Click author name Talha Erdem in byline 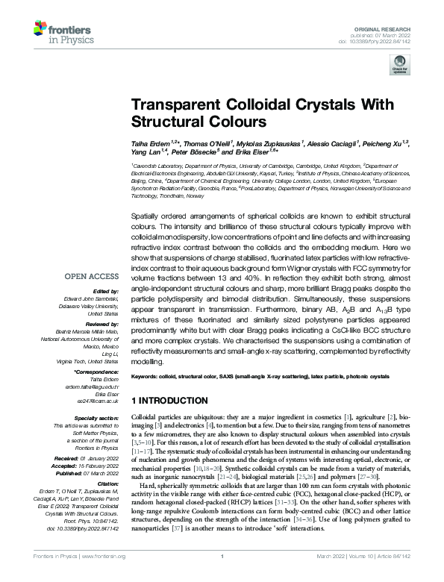151,141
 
